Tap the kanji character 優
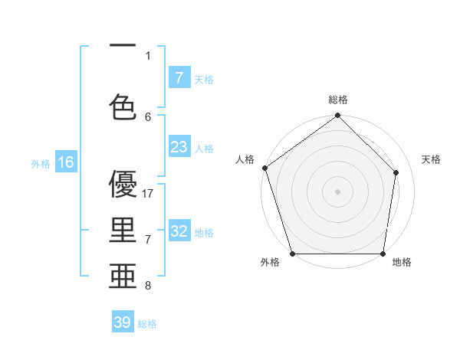pos(123,185)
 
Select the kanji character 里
pos(123,230)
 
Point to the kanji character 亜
pos(123,274)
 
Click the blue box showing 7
pos(179,78)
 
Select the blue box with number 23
pos(179,147)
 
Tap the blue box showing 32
pos(179,231)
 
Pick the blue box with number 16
pos(66,162)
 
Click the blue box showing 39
pos(123,322)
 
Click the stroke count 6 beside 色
pos(149,116)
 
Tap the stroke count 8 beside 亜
pos(149,286)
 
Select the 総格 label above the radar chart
pos(338,100)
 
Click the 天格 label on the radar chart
pos(432,159)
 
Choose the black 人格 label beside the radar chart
pos(245,159)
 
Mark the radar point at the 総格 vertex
pos(338,116)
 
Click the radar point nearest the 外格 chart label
pos(292,254)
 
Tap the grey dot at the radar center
pos(338,191)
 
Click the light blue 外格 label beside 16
pos(40,163)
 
